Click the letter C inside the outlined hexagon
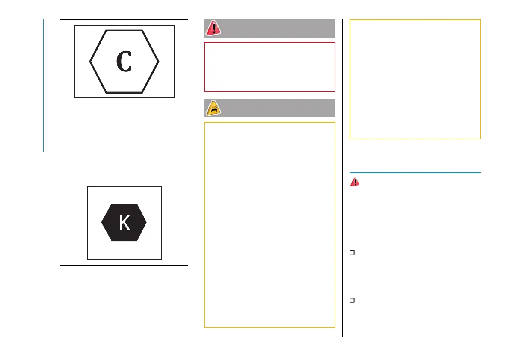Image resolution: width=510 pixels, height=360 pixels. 124,62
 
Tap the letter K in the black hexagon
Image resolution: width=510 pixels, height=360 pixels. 124,223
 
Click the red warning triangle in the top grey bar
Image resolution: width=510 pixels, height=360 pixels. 213,28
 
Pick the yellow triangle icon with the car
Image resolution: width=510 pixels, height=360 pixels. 213,108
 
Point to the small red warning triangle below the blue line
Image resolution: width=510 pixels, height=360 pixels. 355,182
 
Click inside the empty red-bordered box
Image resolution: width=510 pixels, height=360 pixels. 270,67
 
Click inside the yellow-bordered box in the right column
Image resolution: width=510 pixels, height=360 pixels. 415,79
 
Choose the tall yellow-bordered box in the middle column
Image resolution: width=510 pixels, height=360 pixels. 270,224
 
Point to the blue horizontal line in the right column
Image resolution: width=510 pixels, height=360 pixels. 415,173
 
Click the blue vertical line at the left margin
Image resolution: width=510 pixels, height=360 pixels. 44,86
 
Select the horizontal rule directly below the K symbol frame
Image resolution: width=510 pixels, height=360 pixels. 124,266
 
